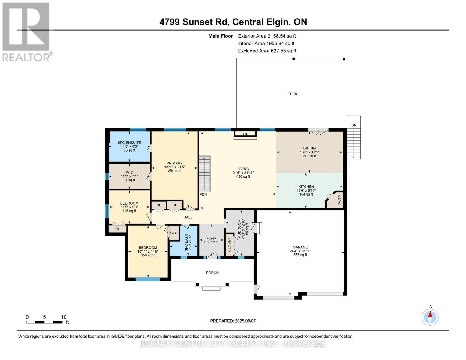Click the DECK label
tap(292, 94)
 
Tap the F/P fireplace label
tap(245, 134)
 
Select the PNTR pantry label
tap(340, 200)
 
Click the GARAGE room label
tap(300, 247)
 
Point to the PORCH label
tap(212, 273)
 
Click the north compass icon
tap(430, 317)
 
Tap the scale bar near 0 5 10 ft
tap(44, 322)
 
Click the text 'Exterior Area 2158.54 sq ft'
tap(267, 36)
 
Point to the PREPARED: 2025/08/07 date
tap(233, 321)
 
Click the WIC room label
tap(129, 172)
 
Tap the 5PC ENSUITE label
tap(129, 142)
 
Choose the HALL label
tap(188, 217)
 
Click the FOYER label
tap(212, 238)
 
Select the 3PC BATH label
tap(186, 242)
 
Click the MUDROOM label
tap(239, 229)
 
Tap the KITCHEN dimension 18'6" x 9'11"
tap(306, 190)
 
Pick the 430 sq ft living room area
tap(243, 176)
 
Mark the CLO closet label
tap(174, 233)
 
